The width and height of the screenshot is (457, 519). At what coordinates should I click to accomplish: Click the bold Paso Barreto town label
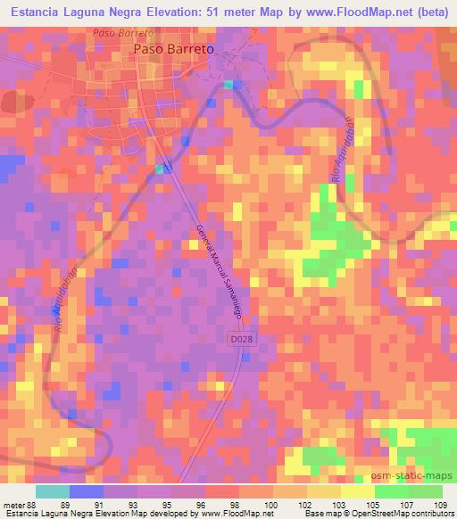pyautogui.click(x=173, y=50)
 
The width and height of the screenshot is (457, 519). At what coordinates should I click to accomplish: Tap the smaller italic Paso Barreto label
pyautogui.click(x=124, y=32)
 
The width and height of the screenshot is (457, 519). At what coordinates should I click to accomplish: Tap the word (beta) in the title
pyautogui.click(x=424, y=13)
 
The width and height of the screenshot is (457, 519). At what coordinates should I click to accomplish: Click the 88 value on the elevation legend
pyautogui.click(x=37, y=504)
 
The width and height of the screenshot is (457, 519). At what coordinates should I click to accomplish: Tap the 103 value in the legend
pyautogui.click(x=341, y=504)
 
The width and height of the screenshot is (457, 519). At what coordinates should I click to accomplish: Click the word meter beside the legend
pyautogui.click(x=13, y=504)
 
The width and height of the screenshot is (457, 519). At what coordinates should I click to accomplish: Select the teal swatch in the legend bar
pyautogui.click(x=53, y=491)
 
